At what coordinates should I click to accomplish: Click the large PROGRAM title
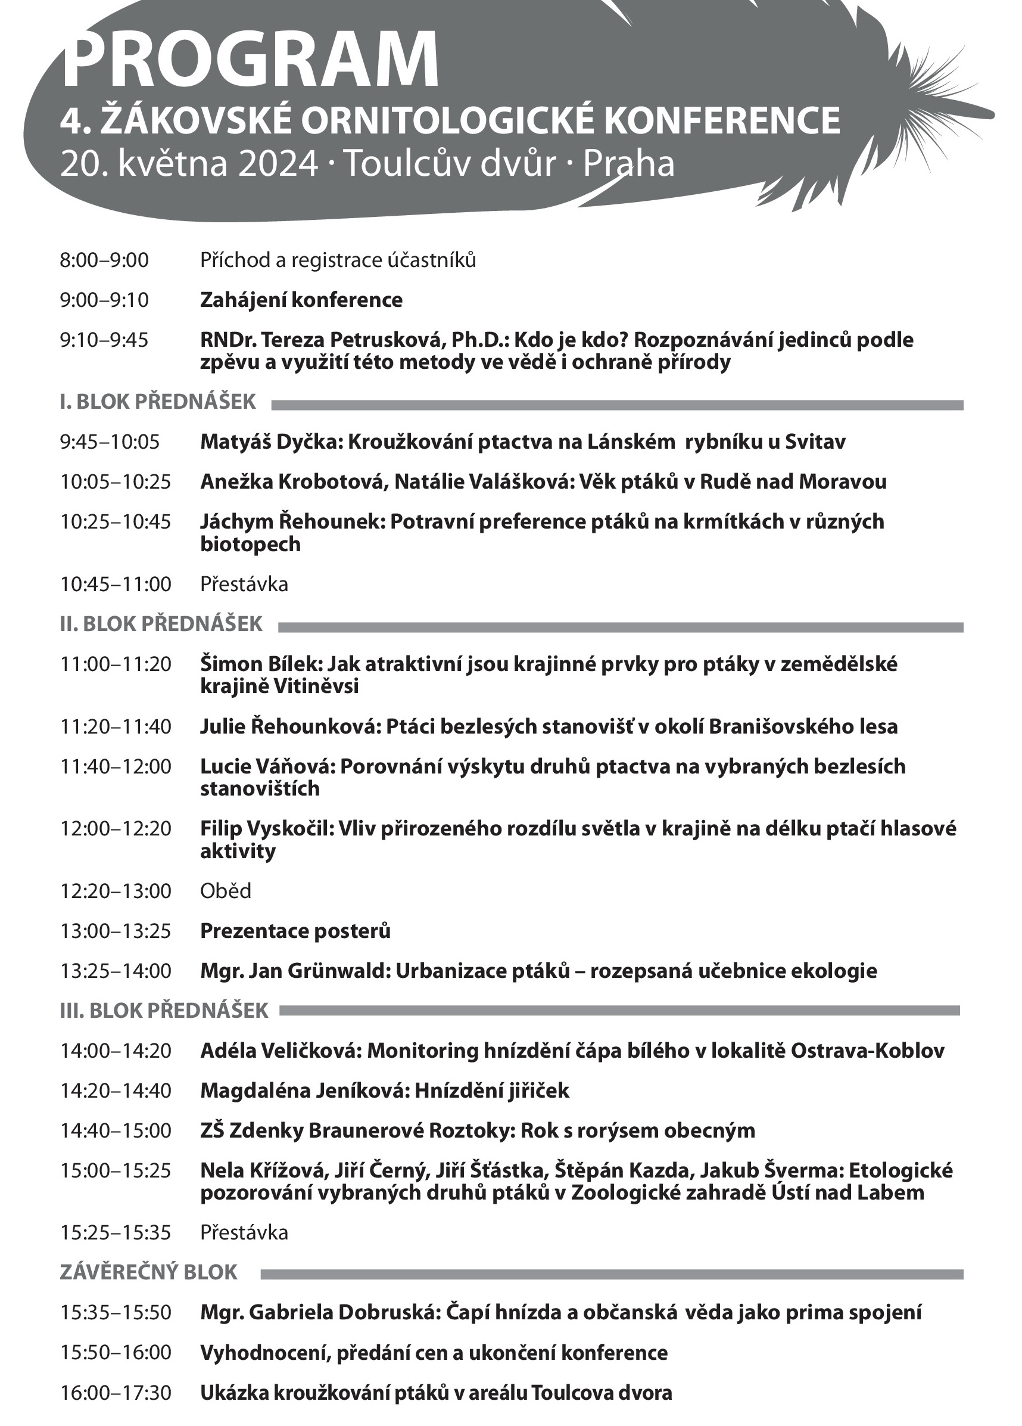coord(250,58)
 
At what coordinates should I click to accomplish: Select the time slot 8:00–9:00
coord(104,260)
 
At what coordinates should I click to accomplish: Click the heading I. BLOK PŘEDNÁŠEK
coord(158,401)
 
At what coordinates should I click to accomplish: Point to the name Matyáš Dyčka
coord(269,442)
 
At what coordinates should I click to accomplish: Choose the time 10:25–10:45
coord(116,521)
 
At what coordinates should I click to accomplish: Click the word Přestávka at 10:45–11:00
coord(244,584)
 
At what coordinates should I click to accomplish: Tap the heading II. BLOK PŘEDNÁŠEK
coord(161,624)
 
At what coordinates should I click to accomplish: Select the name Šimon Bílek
coord(260,663)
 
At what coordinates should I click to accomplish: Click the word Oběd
coord(226,891)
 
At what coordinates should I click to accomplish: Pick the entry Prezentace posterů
coord(295,931)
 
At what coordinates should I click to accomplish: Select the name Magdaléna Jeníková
coord(303,1091)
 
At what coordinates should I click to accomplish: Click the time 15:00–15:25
coord(116,1170)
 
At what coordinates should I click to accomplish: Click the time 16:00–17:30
coord(116,1392)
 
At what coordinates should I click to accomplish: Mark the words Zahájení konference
coord(302,300)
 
